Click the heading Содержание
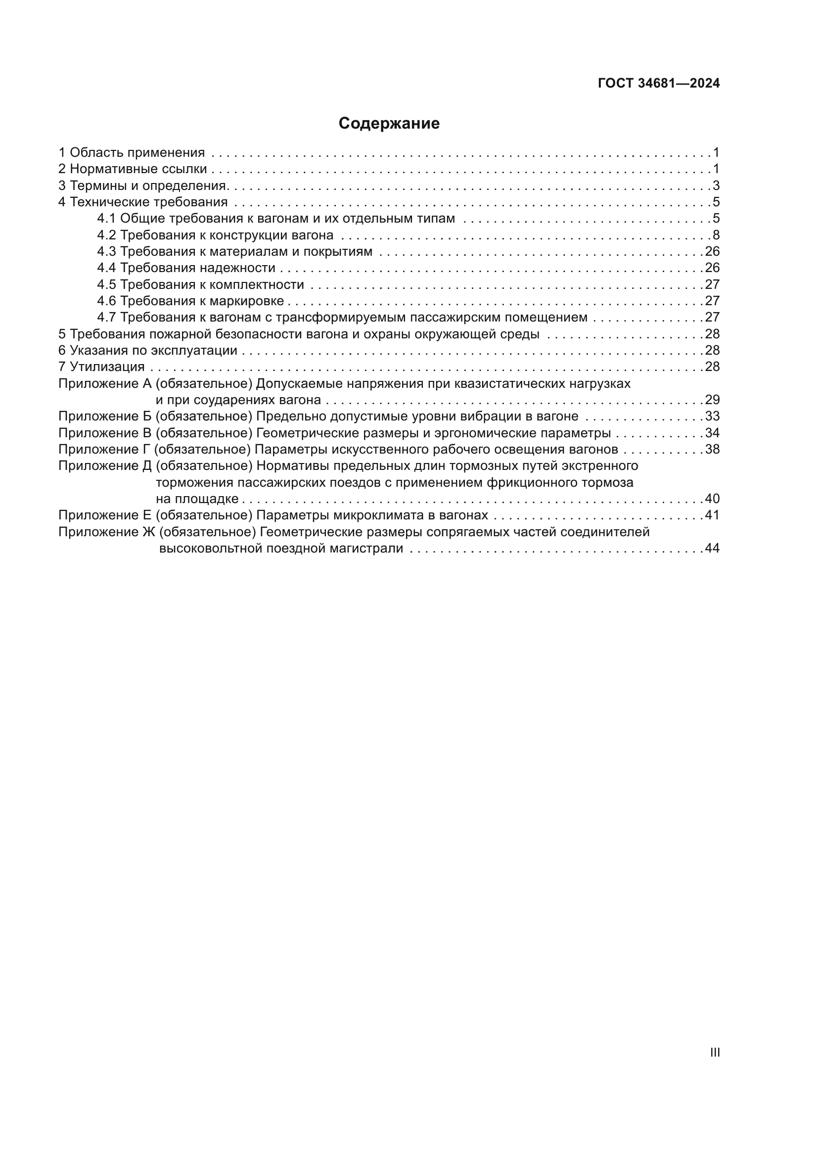[x=389, y=124]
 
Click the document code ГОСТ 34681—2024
[x=659, y=84]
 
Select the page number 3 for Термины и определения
[x=716, y=185]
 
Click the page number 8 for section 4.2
[x=716, y=235]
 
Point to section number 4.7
[x=106, y=318]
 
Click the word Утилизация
[x=107, y=367]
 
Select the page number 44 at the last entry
[x=712, y=548]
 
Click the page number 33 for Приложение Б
[x=712, y=416]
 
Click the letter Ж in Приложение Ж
[x=147, y=532]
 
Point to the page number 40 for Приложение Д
[x=712, y=499]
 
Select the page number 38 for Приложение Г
[x=712, y=449]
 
